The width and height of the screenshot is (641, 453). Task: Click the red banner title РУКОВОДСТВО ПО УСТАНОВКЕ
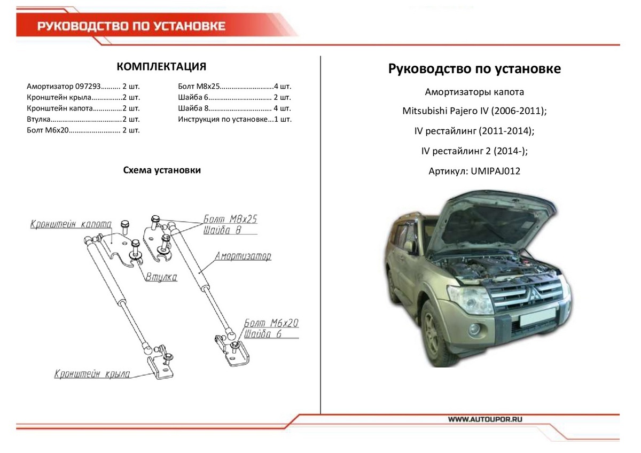coord(131,26)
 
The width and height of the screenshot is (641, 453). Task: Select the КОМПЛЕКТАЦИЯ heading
coord(161,67)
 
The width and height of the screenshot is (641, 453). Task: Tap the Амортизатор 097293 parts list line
coord(83,86)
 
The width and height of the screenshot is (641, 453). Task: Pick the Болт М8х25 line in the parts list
coord(234,86)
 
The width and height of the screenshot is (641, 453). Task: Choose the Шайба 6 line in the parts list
coord(234,97)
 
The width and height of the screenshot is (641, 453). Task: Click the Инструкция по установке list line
coord(234,119)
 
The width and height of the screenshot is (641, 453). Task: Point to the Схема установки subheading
coord(161,170)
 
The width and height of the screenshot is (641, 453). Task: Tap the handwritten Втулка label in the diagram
coord(161,277)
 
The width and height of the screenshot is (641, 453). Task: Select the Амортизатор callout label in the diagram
coord(243,256)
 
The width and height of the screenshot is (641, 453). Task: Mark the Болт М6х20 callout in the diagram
coord(271,323)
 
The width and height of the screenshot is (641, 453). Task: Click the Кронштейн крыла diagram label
coord(92,374)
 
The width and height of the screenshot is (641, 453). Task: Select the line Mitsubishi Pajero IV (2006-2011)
coord(474,111)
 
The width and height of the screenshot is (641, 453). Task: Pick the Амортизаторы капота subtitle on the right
coord(474,91)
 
